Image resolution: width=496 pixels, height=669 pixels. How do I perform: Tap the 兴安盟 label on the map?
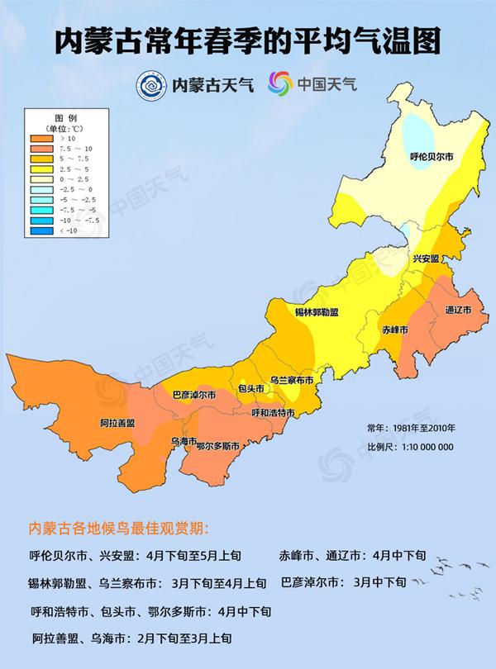425,259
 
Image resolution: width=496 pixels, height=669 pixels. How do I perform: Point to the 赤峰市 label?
395,330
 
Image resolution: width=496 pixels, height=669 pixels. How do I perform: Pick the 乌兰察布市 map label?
292,381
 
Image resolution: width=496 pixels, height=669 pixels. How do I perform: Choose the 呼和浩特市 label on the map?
274,412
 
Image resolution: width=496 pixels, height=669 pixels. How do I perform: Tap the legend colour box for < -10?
43,230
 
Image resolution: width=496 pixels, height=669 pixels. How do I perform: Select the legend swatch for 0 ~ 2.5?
43,179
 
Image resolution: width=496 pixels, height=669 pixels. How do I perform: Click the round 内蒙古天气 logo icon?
151,83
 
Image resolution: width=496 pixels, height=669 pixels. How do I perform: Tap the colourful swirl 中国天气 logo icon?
279,83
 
